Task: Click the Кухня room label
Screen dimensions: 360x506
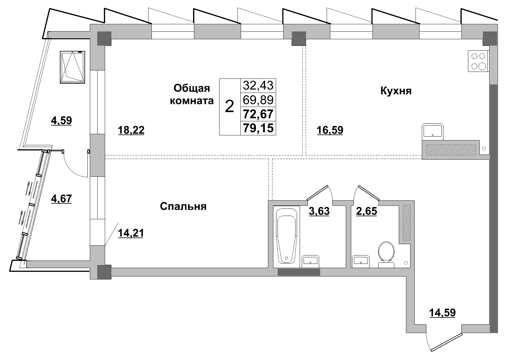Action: tap(396, 91)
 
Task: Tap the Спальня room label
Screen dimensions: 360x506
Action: tap(183, 206)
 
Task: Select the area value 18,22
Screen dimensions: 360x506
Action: tap(131, 130)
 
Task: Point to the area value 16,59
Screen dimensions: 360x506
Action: tap(330, 130)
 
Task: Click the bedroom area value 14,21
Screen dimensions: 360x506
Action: tap(131, 233)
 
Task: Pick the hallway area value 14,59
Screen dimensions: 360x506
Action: tap(442, 313)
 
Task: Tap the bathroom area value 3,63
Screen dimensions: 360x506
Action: tap(319, 211)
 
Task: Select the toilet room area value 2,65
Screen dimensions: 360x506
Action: tap(366, 211)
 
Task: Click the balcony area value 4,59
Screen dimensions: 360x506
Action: tap(61, 121)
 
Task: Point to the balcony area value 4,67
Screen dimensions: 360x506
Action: tap(61, 199)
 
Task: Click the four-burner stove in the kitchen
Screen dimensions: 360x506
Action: tap(478, 61)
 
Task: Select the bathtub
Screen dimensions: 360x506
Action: tap(286, 236)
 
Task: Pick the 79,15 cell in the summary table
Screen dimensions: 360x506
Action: tap(258, 128)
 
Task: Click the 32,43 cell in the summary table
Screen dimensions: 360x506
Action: tap(258, 86)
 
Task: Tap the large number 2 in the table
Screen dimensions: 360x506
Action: tap(229, 107)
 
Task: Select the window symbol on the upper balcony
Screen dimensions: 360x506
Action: tap(73, 67)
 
